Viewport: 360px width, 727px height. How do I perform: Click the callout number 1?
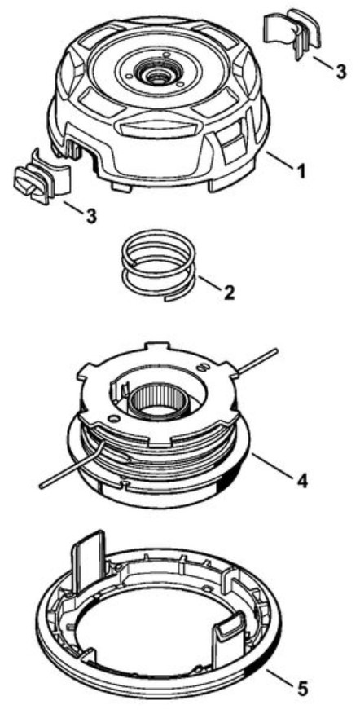(301, 170)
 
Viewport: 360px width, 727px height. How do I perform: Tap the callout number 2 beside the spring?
(229, 292)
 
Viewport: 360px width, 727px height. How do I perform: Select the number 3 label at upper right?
(340, 72)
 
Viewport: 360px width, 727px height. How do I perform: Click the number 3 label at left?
(91, 216)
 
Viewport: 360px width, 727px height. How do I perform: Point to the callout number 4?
(301, 480)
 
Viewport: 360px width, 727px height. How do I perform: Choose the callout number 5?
(302, 689)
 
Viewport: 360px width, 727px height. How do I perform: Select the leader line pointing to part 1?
(280, 161)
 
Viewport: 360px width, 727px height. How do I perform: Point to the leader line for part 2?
(210, 284)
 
